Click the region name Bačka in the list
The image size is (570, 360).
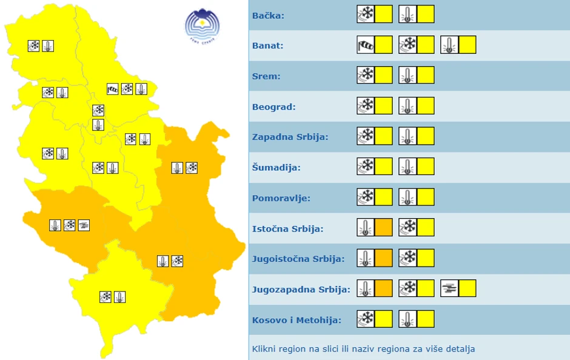click(x=268, y=15)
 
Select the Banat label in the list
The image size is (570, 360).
click(x=267, y=45)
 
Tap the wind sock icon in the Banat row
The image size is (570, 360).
click(x=366, y=45)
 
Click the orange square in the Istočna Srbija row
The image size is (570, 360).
click(x=384, y=227)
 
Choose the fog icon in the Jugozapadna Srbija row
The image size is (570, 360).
click(x=449, y=288)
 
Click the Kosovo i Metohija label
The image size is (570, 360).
click(x=297, y=320)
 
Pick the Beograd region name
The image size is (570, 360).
click(x=273, y=107)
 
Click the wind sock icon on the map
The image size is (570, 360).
click(x=112, y=89)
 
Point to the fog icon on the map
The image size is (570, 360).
click(x=84, y=225)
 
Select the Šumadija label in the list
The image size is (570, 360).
click(x=276, y=167)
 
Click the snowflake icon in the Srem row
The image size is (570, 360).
click(x=366, y=75)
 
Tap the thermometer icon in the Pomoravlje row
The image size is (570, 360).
click(x=407, y=197)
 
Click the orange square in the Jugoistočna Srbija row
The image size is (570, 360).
click(x=384, y=258)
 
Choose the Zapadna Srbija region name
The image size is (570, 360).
click(x=290, y=137)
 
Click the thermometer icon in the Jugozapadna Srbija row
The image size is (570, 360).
click(x=366, y=288)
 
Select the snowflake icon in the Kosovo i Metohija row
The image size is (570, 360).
click(x=366, y=319)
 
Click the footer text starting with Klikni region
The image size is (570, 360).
click(x=363, y=348)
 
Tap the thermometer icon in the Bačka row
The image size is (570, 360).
click(x=407, y=14)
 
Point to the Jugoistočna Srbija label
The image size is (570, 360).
click(x=298, y=259)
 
